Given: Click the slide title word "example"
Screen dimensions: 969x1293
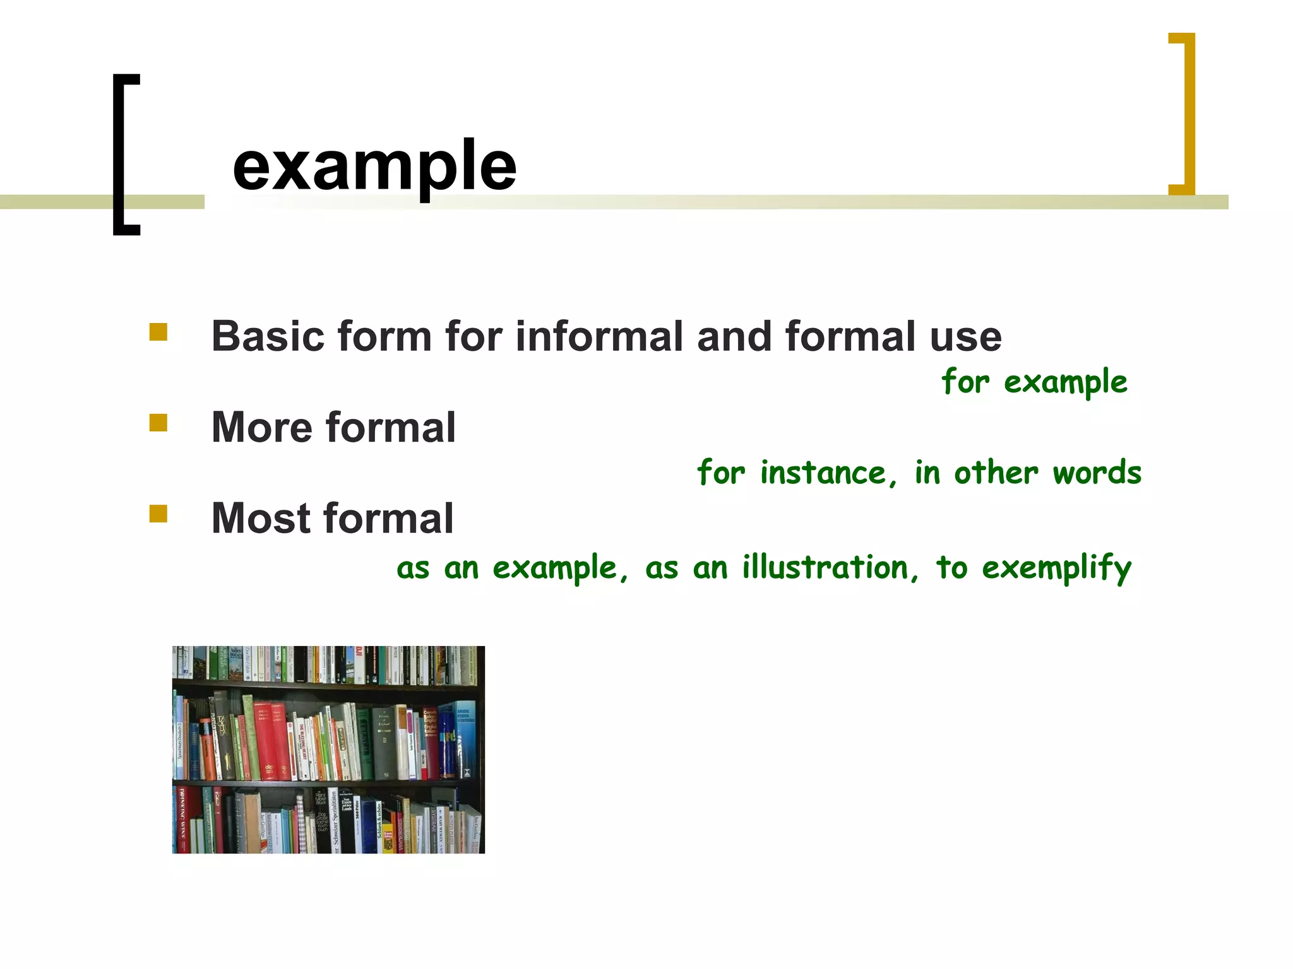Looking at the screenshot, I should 374,166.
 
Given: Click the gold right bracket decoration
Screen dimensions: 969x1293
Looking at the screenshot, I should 1189,114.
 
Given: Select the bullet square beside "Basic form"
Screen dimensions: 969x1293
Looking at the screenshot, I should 158,332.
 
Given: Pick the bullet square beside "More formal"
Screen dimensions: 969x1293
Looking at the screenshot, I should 158,423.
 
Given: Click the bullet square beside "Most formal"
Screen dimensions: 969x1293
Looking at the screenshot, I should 158,514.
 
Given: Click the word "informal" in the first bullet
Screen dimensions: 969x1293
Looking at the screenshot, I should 599,336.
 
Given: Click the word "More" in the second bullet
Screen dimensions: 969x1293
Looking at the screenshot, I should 261,427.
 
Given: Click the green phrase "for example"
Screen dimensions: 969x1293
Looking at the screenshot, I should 1034,382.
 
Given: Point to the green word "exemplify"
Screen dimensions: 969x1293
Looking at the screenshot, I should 1056,567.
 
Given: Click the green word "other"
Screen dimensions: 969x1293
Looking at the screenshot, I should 996,473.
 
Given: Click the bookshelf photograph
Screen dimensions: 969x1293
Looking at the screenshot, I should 328,749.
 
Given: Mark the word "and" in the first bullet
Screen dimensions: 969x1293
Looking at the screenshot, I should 734,336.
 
